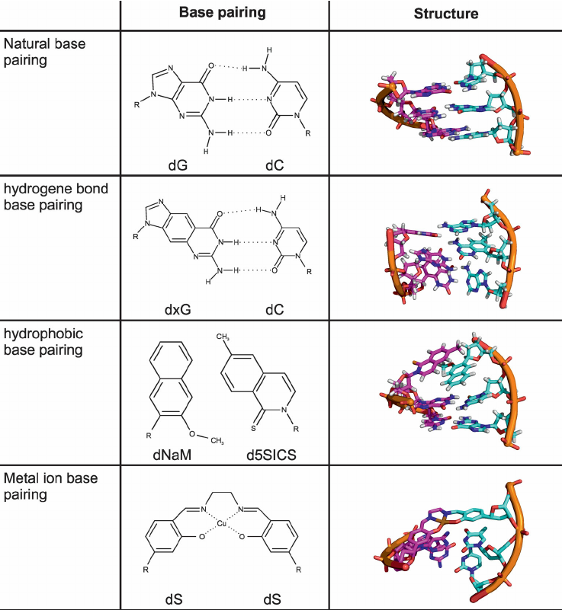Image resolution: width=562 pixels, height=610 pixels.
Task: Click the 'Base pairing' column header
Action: click(223, 13)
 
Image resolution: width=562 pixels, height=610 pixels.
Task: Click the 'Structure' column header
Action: click(446, 14)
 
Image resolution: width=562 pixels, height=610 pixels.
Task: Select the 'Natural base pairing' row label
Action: click(44, 52)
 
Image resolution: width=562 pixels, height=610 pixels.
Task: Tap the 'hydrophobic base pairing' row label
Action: click(43, 342)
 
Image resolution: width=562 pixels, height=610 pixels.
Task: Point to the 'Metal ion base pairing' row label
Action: click(50, 487)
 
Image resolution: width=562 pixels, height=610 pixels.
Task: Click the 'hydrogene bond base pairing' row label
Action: click(56, 196)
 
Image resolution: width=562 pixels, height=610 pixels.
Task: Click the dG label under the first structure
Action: click(178, 165)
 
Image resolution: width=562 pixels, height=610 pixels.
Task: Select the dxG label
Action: click(178, 310)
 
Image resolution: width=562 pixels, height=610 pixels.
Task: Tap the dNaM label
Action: click(172, 455)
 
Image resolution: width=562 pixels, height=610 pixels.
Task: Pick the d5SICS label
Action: click(271, 455)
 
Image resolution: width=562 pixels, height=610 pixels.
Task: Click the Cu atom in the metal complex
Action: click(221, 524)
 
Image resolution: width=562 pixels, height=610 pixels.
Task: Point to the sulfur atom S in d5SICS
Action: click(253, 428)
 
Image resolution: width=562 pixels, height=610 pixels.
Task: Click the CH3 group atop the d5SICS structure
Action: click(223, 337)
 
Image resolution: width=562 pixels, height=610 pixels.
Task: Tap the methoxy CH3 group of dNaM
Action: click(217, 441)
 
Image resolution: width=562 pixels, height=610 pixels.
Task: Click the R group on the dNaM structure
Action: click(149, 436)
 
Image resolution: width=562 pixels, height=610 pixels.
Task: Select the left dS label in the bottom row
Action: click(174, 599)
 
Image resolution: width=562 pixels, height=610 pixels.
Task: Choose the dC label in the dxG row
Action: click(275, 310)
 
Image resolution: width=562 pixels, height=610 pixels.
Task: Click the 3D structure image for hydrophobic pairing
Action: click(450, 391)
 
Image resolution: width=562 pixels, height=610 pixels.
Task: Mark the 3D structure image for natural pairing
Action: click(450, 104)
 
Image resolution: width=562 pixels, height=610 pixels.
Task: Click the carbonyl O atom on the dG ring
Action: click(210, 65)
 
